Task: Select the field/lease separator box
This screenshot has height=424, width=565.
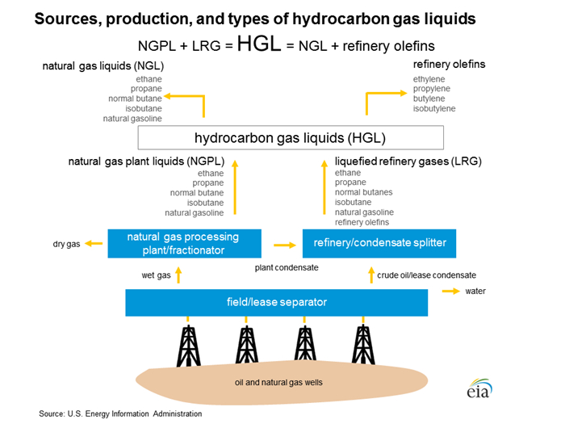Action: coord(277,302)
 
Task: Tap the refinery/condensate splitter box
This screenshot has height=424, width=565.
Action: coord(374,242)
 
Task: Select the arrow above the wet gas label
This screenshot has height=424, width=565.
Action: coord(179,275)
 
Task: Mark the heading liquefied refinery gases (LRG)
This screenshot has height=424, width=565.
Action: coord(408,162)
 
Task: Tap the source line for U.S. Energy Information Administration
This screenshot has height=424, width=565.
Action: coord(120,414)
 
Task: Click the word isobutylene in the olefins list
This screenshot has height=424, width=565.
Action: coord(434,108)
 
